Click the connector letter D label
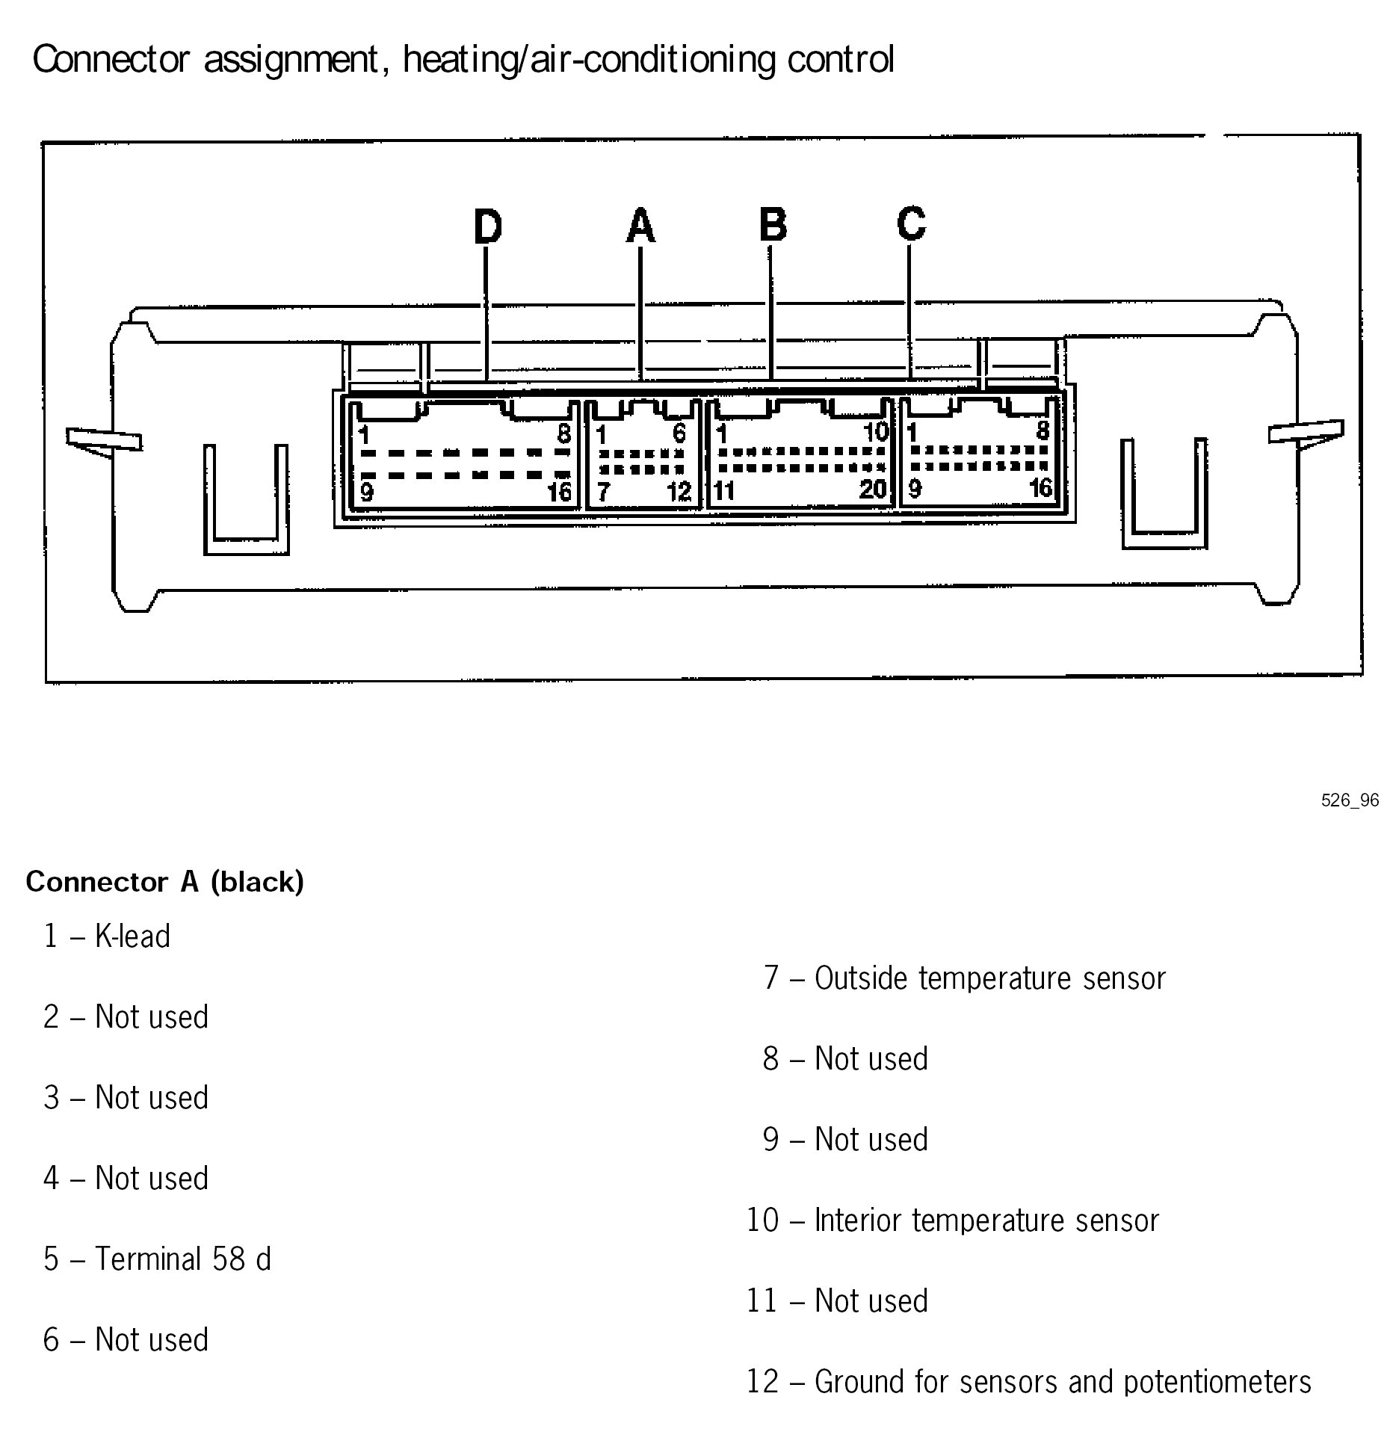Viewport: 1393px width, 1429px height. point(488,226)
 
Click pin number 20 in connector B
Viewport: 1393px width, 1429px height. point(872,490)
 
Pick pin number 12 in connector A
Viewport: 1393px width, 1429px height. point(679,491)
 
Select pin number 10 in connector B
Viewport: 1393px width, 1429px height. point(876,432)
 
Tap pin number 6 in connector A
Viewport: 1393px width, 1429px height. point(679,433)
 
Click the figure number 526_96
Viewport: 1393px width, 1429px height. point(1350,800)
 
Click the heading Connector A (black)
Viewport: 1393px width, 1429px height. point(165,883)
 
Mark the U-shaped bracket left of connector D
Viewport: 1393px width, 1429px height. point(246,501)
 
